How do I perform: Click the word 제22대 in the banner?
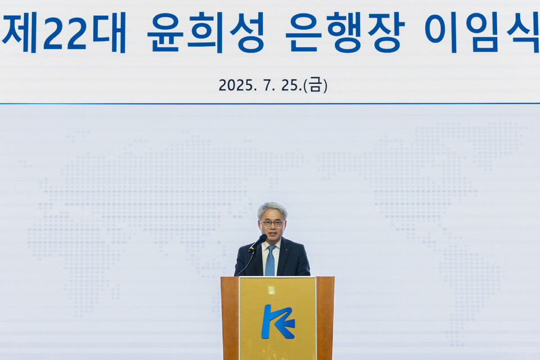[64, 32]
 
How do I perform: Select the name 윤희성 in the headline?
[205, 32]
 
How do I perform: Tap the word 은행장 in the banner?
[345, 32]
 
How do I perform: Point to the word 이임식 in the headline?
[482, 32]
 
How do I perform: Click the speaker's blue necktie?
[271, 262]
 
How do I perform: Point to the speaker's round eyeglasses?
[273, 223]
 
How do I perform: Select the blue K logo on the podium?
[277, 321]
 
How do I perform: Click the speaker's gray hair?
[272, 208]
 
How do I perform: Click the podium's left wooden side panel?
[229, 318]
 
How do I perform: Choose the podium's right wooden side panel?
[325, 318]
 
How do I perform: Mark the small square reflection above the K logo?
[271, 290]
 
